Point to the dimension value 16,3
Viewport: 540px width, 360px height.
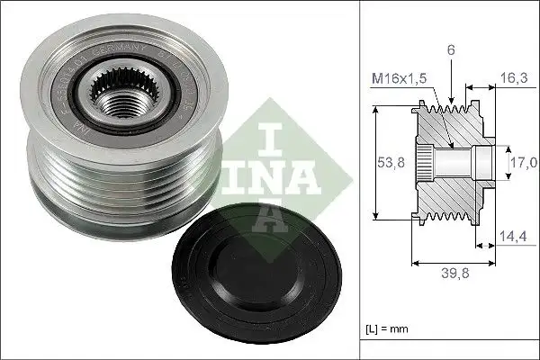pyautogui.click(x=515, y=78)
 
